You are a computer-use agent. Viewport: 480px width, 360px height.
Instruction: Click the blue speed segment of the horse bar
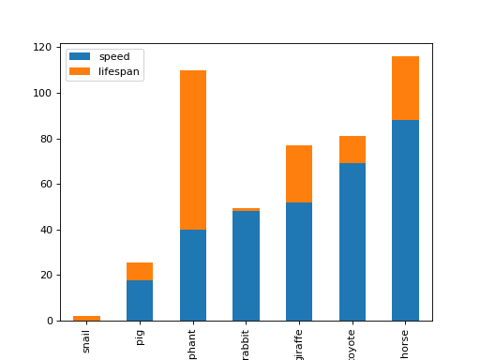point(405,220)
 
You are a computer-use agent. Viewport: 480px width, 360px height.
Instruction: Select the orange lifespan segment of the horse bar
point(405,88)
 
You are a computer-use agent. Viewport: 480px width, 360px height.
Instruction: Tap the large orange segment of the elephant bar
point(193,150)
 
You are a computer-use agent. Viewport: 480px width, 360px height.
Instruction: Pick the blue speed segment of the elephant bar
point(193,275)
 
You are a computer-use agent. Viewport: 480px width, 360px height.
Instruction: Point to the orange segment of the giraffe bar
point(299,173)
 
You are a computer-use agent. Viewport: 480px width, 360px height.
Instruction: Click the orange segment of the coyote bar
point(352,150)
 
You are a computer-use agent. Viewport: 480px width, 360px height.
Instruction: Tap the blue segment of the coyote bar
point(352,242)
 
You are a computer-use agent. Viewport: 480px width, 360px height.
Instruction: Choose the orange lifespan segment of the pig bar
point(140,271)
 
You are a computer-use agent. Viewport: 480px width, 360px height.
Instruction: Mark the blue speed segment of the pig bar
point(140,300)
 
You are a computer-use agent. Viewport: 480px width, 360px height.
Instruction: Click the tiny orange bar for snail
point(86,319)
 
